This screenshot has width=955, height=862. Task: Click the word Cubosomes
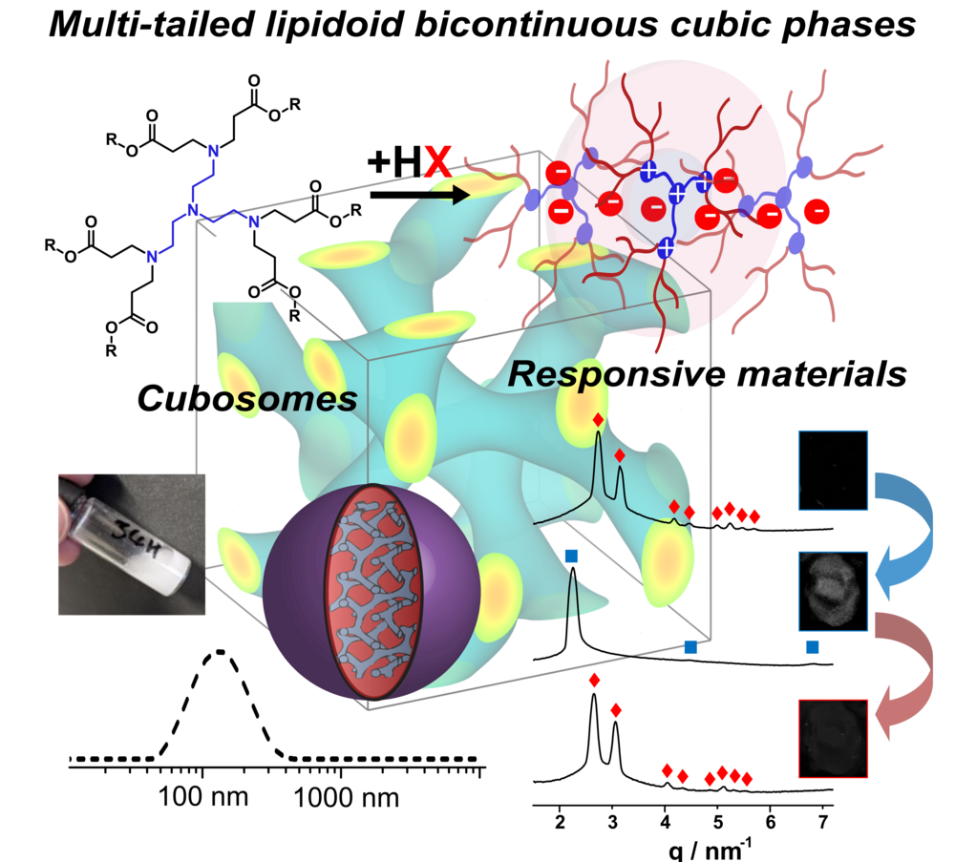pos(246,397)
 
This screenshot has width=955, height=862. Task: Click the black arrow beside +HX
pos(420,197)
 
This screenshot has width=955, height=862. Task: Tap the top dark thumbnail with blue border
pos(832,470)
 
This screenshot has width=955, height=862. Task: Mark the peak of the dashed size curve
pos(220,652)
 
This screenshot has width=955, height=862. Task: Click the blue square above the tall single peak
pos(571,556)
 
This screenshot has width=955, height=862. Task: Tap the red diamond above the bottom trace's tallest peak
pos(594,681)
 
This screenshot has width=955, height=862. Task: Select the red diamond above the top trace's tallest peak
pos(598,419)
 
